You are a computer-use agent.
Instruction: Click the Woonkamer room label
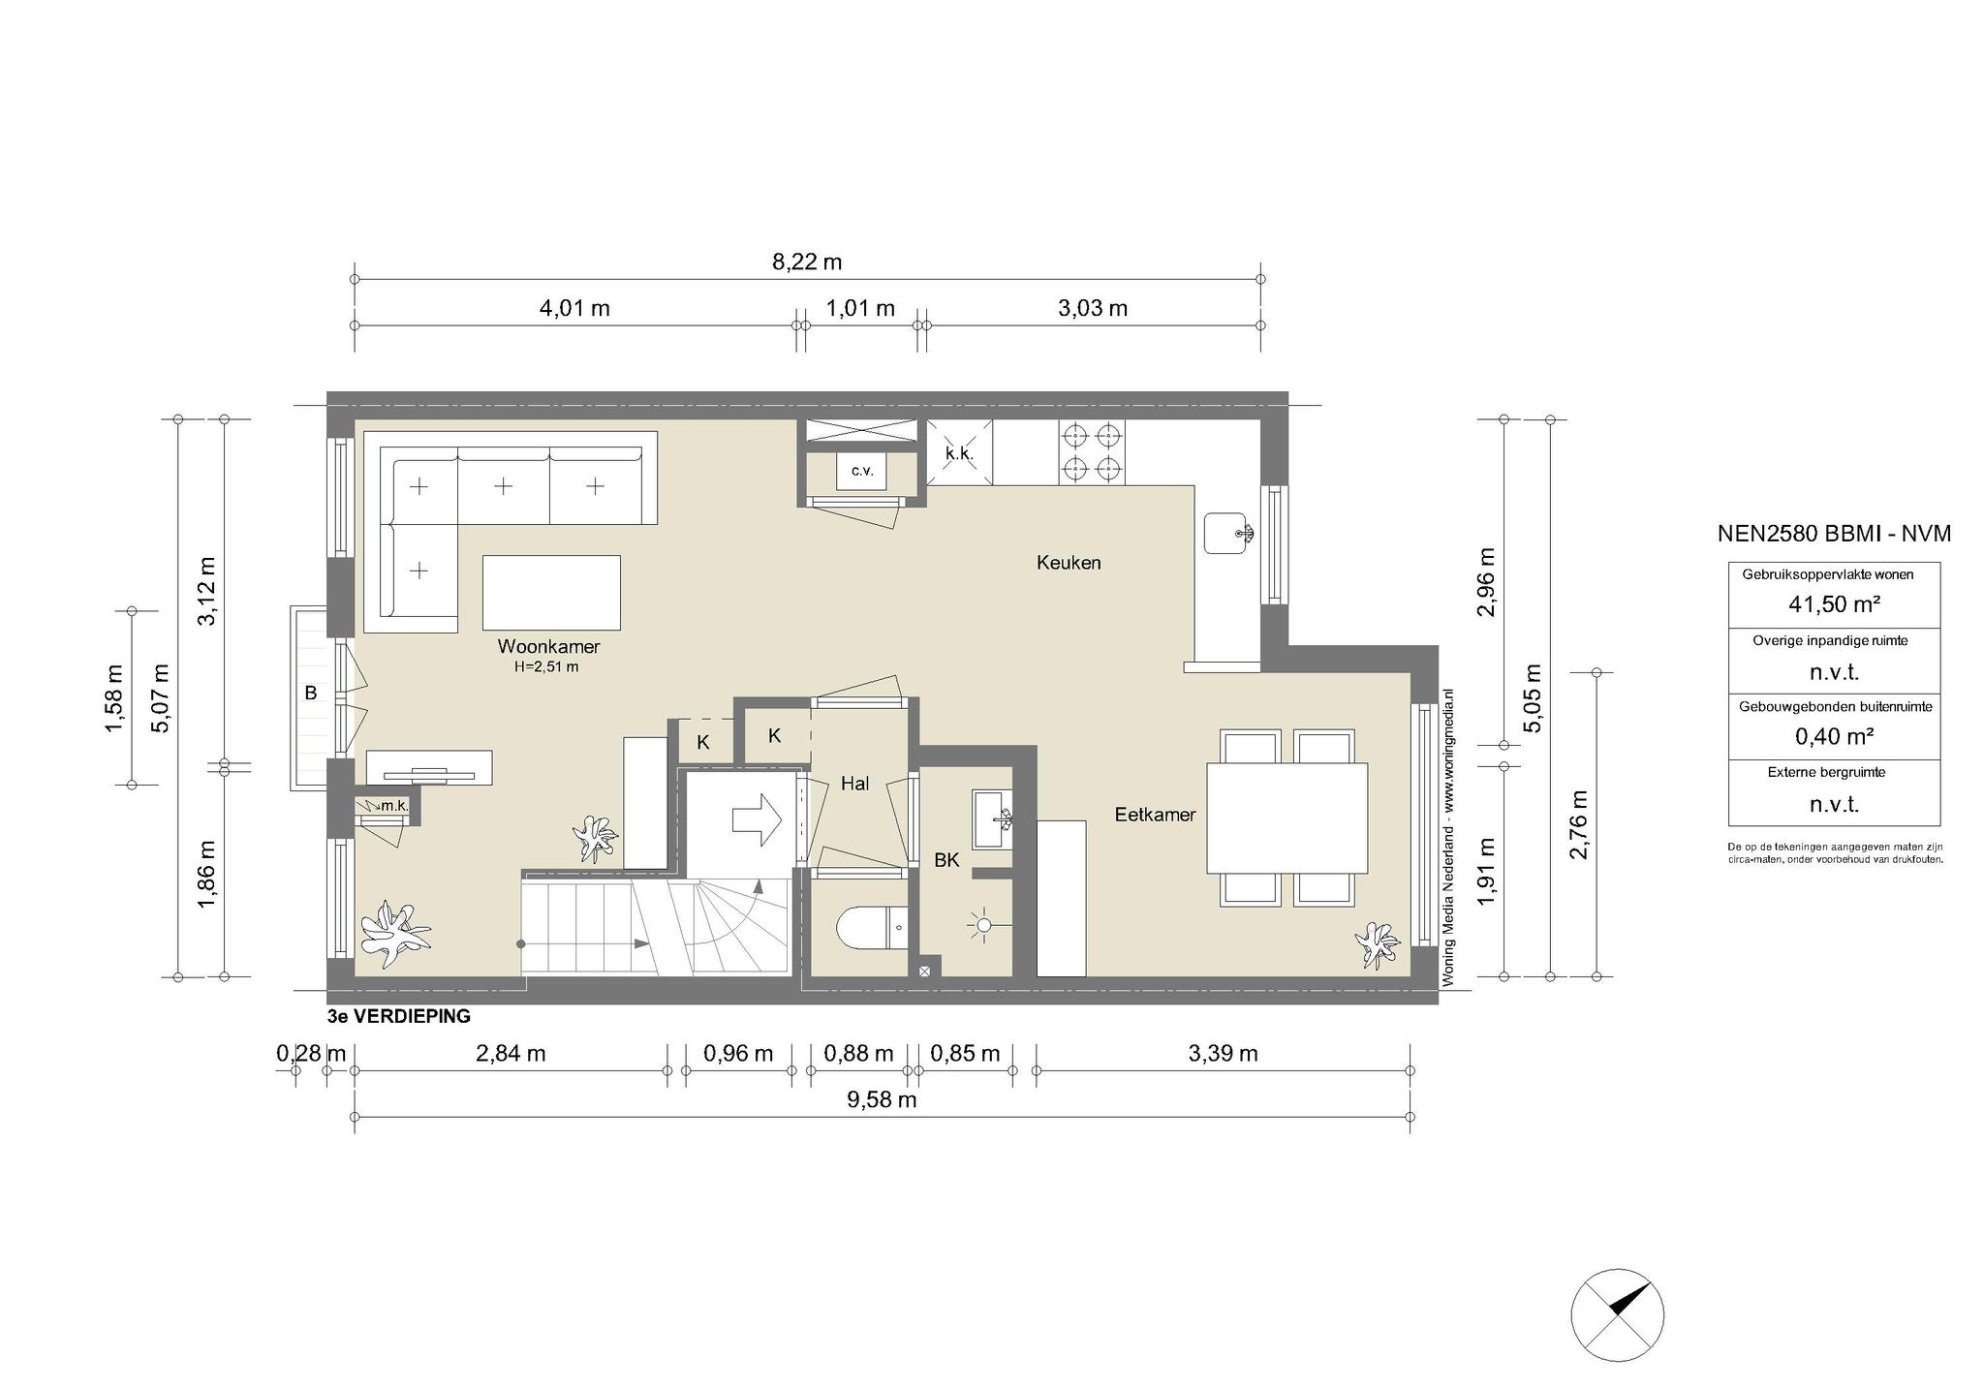(x=548, y=646)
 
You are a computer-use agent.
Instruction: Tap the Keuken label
(x=1069, y=563)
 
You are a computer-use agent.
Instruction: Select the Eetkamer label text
(x=1155, y=815)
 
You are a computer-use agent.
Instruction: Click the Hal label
(x=854, y=784)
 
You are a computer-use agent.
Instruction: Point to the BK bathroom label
(x=946, y=859)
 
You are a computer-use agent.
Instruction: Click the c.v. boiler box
(x=862, y=471)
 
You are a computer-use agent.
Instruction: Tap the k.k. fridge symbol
(x=959, y=452)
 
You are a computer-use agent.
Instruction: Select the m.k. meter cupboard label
(x=394, y=805)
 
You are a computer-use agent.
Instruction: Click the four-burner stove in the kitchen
(x=1091, y=451)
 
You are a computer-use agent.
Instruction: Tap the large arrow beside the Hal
(x=757, y=819)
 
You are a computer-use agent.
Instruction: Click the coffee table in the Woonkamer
(x=551, y=592)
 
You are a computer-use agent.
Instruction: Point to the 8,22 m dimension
(x=807, y=262)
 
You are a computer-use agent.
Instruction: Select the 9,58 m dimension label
(x=882, y=1099)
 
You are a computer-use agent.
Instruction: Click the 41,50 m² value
(x=1834, y=604)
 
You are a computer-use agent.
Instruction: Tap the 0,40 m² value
(x=1834, y=736)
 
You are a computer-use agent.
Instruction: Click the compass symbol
(x=1617, y=1314)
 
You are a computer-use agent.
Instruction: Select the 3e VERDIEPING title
(x=399, y=1016)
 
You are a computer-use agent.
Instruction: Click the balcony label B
(x=311, y=693)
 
